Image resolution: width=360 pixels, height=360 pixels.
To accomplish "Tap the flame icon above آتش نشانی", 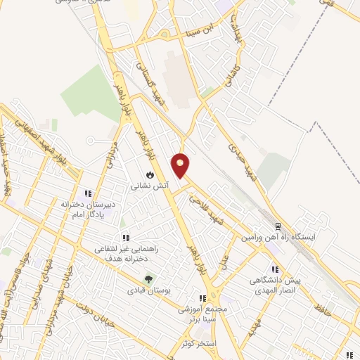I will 150,174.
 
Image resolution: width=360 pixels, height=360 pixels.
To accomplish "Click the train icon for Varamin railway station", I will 278,226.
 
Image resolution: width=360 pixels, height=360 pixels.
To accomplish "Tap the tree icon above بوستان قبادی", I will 147,278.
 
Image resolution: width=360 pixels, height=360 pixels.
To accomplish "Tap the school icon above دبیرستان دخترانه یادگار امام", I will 88,193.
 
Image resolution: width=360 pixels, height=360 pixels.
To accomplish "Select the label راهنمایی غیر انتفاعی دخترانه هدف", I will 126,254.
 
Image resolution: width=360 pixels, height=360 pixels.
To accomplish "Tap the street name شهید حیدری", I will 238,154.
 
